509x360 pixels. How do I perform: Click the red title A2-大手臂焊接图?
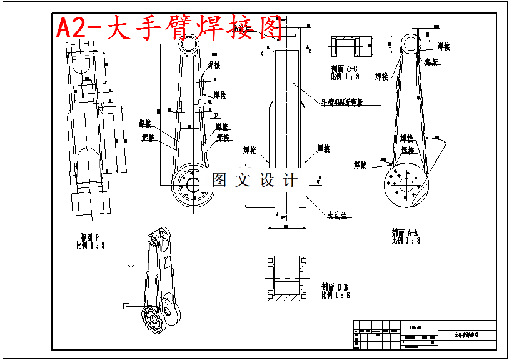(169, 28)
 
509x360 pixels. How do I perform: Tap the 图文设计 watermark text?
(255, 180)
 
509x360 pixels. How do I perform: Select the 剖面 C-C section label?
(345, 68)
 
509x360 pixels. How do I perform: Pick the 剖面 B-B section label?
(335, 287)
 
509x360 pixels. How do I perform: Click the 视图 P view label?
(90, 237)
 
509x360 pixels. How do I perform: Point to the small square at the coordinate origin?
(126, 306)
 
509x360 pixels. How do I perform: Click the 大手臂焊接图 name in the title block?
(466, 336)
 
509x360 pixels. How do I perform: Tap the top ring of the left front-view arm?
(188, 44)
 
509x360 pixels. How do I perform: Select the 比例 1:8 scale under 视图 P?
(91, 245)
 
